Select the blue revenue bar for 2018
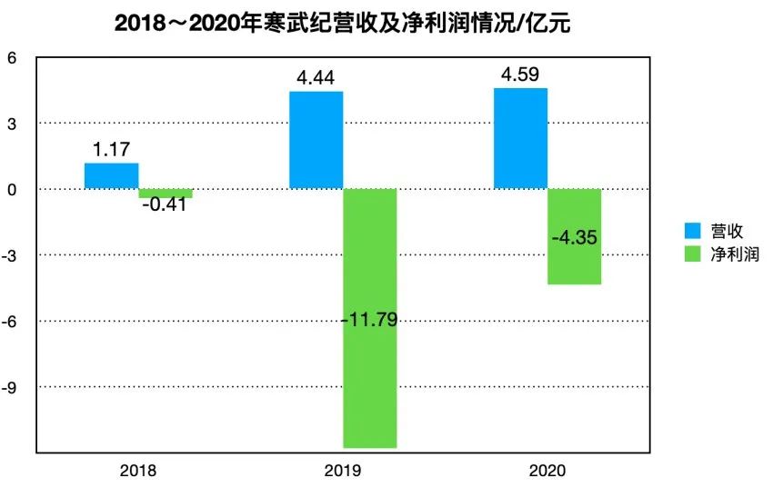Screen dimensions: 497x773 click(x=111, y=176)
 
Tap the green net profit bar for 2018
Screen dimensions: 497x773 click(x=166, y=194)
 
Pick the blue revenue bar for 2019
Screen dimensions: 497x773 click(x=316, y=140)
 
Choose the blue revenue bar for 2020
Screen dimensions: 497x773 click(x=520, y=138)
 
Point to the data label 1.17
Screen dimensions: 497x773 click(x=111, y=149)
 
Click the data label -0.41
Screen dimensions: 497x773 click(x=165, y=204)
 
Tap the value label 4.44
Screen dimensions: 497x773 click(x=316, y=77)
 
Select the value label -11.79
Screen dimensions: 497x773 click(x=369, y=319)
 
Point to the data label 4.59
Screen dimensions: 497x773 click(x=520, y=74)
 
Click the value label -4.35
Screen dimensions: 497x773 click(x=575, y=237)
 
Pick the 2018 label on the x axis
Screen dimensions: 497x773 click(x=137, y=471)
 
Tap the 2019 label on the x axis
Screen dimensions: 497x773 click(x=343, y=471)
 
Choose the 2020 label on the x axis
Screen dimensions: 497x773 click(x=547, y=471)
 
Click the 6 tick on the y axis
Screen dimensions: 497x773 click(x=12, y=57)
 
